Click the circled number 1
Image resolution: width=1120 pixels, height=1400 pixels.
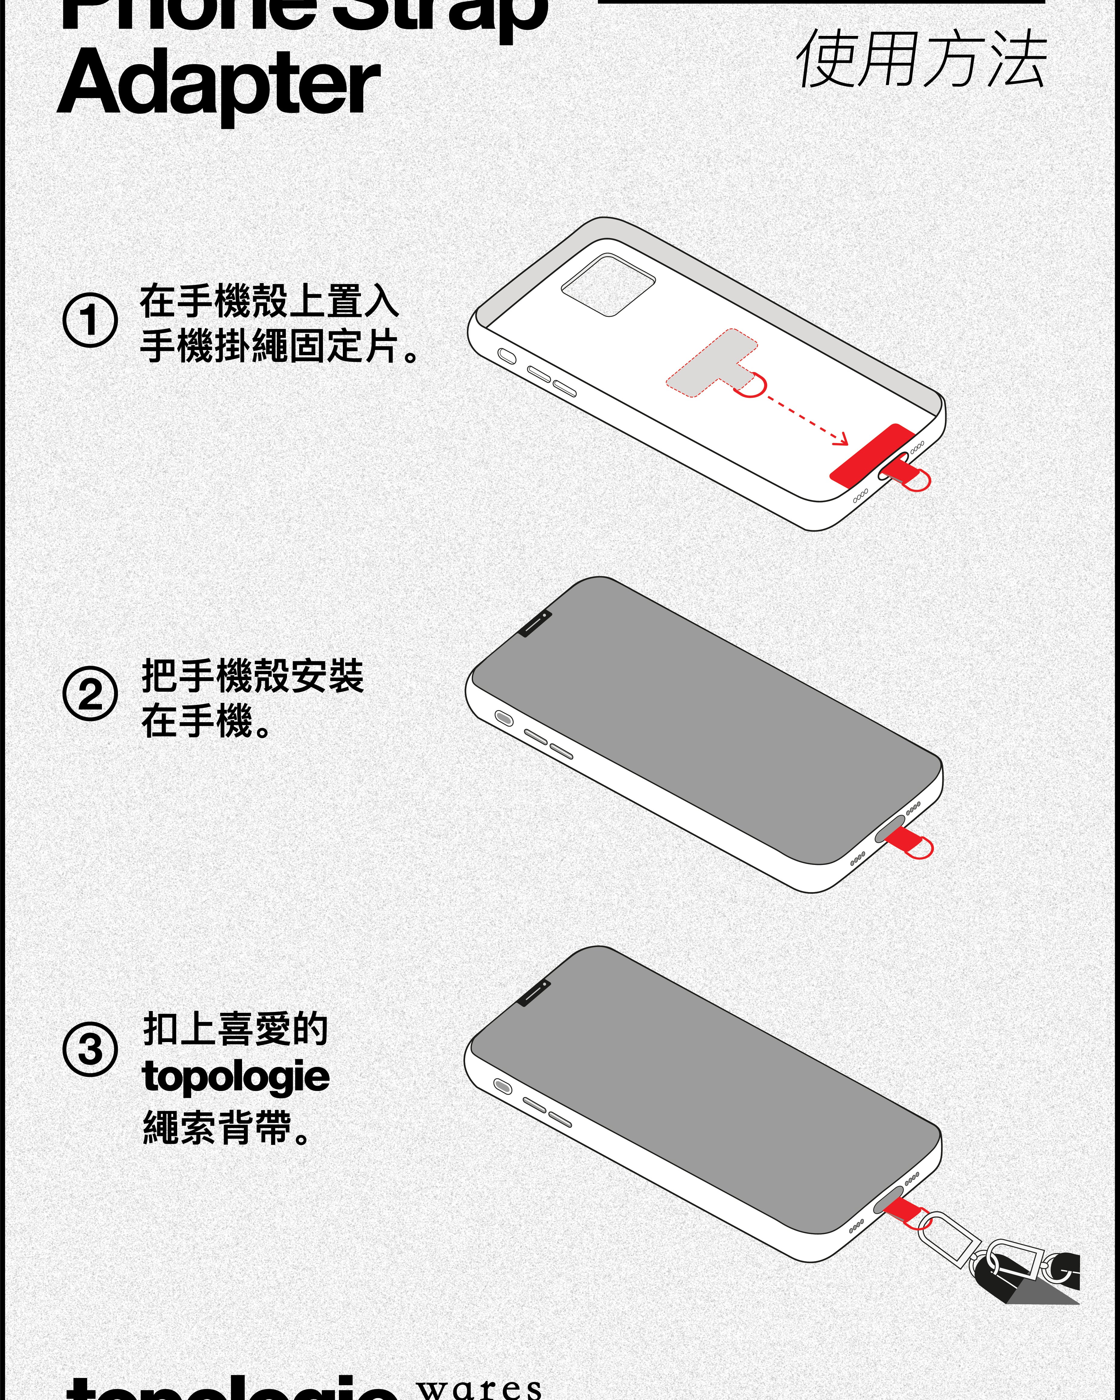[x=90, y=320]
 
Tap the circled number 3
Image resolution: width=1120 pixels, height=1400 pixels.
[x=90, y=1049]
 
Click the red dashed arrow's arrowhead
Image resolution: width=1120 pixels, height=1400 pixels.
[x=842, y=441]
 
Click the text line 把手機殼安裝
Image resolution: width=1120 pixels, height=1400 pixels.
[x=253, y=676]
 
